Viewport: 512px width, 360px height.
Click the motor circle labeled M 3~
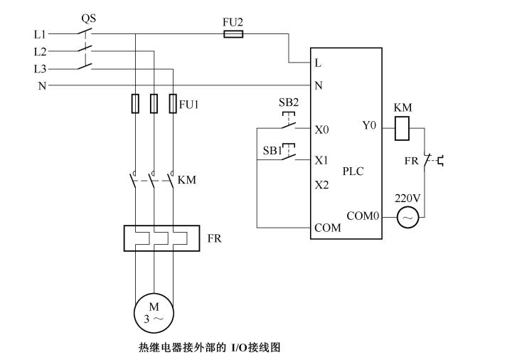click(154, 311)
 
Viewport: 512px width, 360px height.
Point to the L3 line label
click(40, 68)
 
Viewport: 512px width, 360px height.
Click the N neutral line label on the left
click(41, 85)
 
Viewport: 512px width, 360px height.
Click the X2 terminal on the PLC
click(321, 184)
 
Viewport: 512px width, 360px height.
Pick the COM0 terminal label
click(362, 216)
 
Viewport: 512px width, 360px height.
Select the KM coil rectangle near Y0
click(402, 128)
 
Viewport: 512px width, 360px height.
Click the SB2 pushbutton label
click(289, 102)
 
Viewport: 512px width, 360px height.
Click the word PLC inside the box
click(353, 171)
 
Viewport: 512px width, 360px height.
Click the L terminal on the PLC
click(318, 63)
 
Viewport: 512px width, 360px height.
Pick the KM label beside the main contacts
click(187, 179)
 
